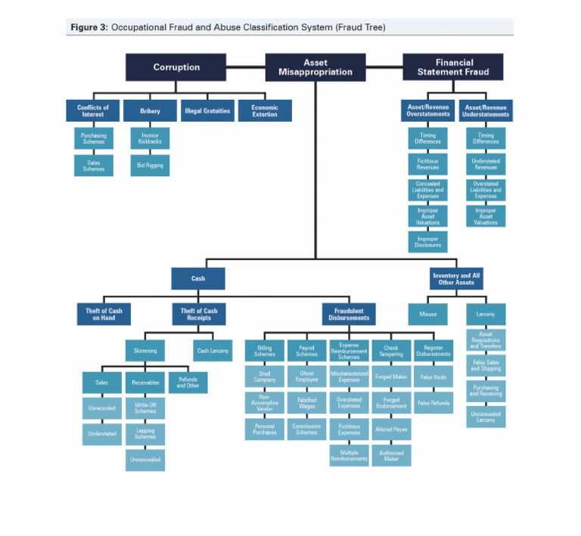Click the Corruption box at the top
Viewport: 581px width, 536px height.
coord(176,67)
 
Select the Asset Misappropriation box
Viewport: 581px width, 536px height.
coord(315,67)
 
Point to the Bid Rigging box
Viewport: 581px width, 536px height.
coord(150,166)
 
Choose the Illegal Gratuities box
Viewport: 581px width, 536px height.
coord(207,111)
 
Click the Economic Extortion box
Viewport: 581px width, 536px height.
coord(265,111)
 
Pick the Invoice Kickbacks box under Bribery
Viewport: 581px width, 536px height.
coord(150,138)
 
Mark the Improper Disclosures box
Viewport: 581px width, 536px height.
coord(428,242)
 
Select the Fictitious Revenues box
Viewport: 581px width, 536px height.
coord(428,163)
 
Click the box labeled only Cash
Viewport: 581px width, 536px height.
coord(197,278)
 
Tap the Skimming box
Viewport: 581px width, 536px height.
coord(144,351)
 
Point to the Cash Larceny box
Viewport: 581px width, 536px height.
coord(213,351)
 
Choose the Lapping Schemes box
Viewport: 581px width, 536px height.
coord(144,433)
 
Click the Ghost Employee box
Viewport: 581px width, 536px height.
coord(306,376)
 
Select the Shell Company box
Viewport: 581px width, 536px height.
coord(264,376)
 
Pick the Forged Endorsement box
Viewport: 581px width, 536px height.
coord(391,403)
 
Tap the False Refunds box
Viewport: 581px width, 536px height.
coord(434,403)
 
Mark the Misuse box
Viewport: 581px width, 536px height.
coord(427,314)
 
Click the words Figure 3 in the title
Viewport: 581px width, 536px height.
coord(89,27)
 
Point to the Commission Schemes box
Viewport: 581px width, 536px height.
coord(306,429)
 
